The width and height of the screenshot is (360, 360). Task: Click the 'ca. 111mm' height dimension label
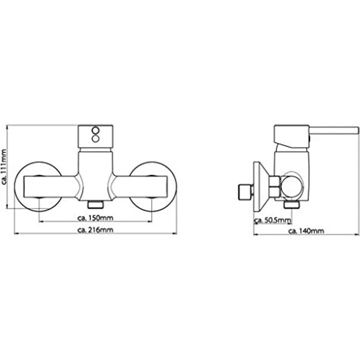pos(4,167)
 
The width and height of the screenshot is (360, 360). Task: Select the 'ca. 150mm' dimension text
pos(95,218)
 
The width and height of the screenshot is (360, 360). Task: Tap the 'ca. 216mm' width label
pos(95,230)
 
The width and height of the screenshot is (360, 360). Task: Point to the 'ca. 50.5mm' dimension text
pos(273,221)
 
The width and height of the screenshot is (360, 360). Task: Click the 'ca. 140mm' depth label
pos(306,231)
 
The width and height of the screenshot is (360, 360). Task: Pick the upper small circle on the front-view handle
pos(95,131)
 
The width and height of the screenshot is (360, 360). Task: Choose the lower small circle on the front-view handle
pos(95,139)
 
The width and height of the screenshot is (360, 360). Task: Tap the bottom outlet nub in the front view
pos(95,204)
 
